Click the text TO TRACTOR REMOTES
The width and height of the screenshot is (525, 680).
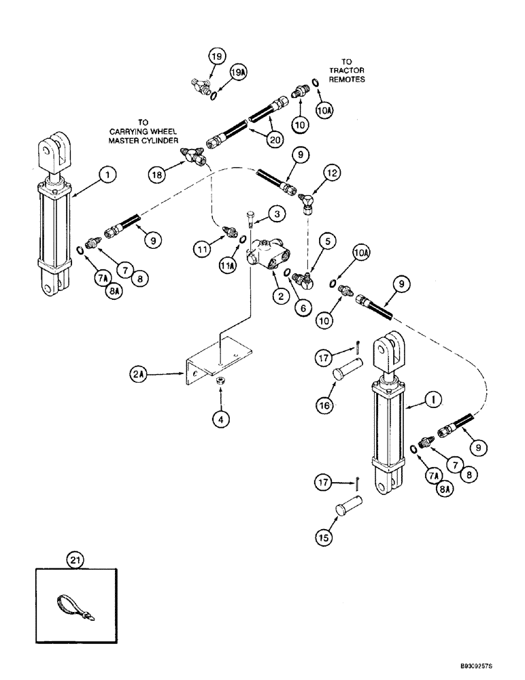tap(348, 70)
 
